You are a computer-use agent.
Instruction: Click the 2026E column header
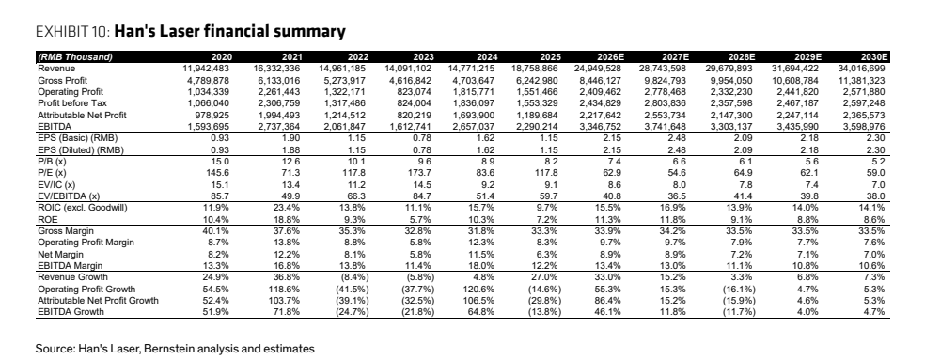tap(609, 57)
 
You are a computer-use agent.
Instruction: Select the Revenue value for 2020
tap(208, 69)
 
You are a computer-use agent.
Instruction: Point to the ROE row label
tap(47, 218)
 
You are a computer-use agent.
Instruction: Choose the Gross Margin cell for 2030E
tap(873, 230)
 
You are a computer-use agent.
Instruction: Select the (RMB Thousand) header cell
tap(75, 57)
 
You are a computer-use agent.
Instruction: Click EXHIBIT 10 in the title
tap(72, 31)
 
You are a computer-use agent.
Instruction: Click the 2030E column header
tap(873, 57)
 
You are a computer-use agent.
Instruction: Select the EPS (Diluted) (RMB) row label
tap(81, 149)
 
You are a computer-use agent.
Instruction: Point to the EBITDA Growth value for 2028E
tap(739, 312)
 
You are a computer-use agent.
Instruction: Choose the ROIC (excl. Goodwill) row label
tap(82, 207)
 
